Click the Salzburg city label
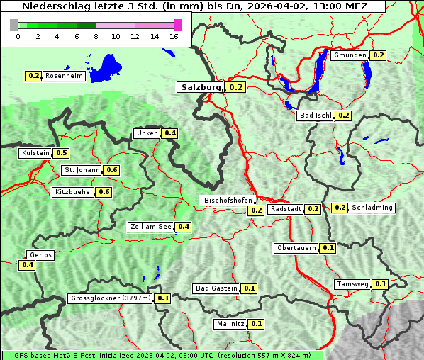click(201, 87)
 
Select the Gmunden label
click(350, 55)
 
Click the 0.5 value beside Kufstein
click(61, 153)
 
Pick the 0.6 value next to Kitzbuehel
click(104, 192)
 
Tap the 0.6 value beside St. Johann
click(111, 170)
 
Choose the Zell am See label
click(151, 227)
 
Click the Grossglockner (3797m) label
click(111, 298)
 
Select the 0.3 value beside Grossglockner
click(163, 298)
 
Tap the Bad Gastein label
click(216, 288)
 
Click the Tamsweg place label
click(352, 284)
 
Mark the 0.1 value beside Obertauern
click(328, 248)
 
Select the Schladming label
click(372, 208)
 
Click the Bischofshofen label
click(228, 201)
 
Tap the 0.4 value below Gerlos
click(28, 265)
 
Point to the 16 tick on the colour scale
click(174, 36)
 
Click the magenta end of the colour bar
click(177, 25)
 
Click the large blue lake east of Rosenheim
click(107, 68)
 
